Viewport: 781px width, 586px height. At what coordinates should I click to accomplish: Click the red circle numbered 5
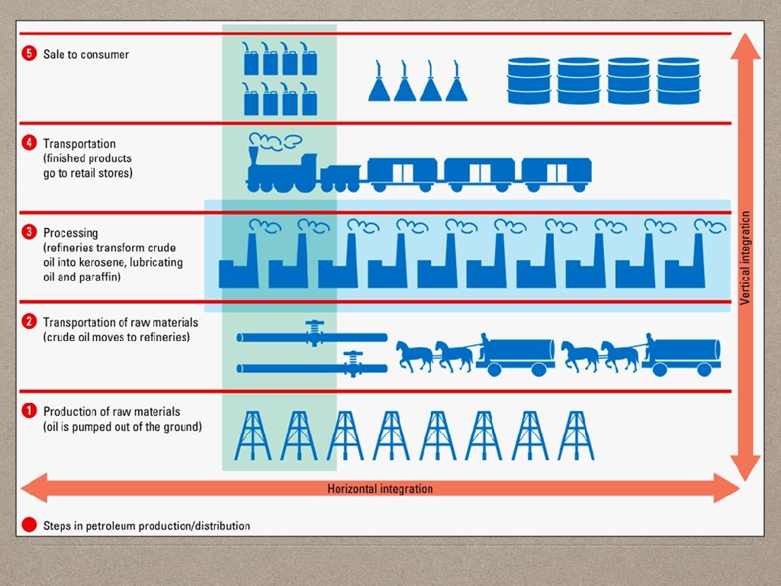(29, 54)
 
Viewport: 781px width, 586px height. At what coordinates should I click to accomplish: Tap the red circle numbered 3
(29, 233)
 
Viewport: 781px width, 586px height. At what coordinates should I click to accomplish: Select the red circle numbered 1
(29, 411)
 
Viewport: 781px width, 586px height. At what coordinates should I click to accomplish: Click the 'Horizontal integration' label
(380, 489)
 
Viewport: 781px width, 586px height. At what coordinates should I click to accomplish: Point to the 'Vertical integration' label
(746, 258)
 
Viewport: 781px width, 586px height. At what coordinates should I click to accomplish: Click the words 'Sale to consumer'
(86, 55)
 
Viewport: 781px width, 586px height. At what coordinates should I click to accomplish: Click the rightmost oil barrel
(678, 80)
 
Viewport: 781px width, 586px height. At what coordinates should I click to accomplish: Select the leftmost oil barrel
(529, 80)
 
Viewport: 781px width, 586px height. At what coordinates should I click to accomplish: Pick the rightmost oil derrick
(576, 436)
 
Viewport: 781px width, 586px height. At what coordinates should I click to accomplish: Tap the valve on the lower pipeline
(352, 362)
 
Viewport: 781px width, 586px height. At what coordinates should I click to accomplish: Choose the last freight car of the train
(556, 175)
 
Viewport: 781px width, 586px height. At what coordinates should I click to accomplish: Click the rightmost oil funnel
(456, 82)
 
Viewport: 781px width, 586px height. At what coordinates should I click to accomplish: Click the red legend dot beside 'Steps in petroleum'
(29, 525)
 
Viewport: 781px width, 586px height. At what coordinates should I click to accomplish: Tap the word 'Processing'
(70, 233)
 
